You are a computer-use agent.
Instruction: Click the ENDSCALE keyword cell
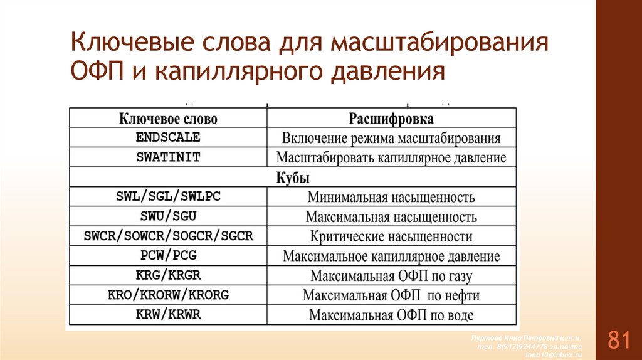(x=168, y=137)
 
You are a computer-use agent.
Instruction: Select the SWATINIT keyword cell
(x=168, y=157)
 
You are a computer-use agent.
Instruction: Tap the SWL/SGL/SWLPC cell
(x=168, y=196)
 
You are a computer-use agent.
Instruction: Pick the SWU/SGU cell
(x=168, y=216)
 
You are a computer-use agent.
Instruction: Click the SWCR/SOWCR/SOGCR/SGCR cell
(x=168, y=236)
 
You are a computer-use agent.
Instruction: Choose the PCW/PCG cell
(x=168, y=256)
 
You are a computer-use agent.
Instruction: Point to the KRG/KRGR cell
(x=168, y=275)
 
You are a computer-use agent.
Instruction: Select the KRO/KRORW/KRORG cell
(x=168, y=295)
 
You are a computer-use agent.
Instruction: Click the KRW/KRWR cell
(x=168, y=314)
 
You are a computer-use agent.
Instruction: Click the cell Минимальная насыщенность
(x=391, y=197)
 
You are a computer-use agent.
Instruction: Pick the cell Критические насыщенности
(x=391, y=236)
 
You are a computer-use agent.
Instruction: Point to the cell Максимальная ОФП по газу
(x=391, y=276)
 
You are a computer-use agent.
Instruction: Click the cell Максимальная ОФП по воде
(x=391, y=315)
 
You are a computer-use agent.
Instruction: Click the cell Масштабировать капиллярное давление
(x=391, y=157)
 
